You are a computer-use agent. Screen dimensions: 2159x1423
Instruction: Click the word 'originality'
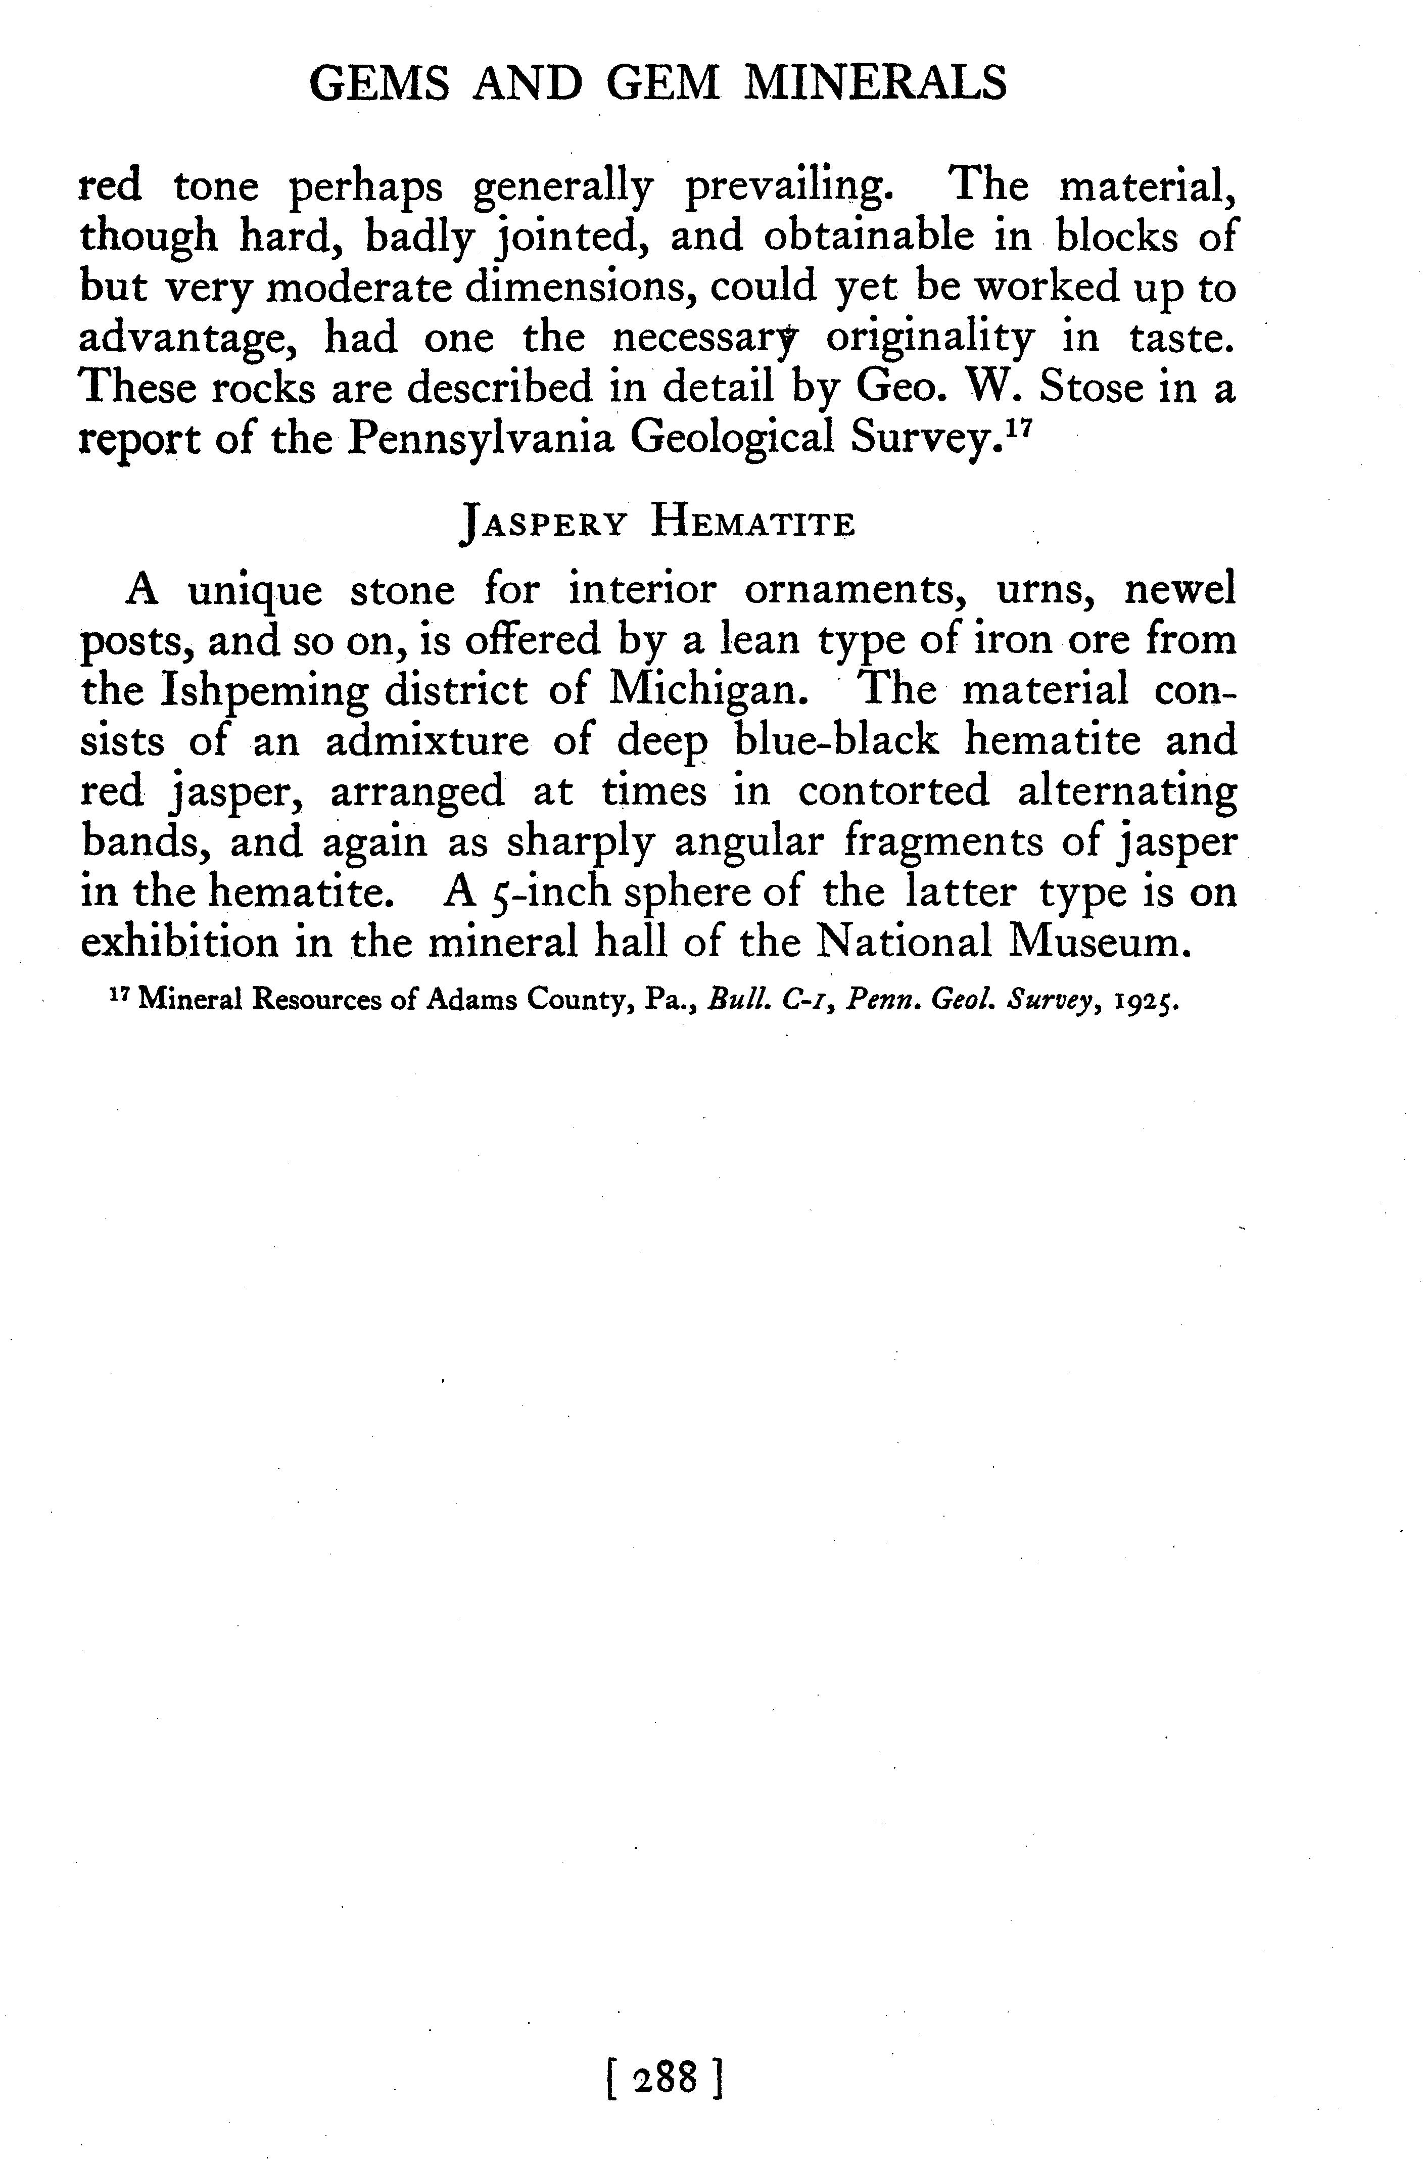929,339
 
